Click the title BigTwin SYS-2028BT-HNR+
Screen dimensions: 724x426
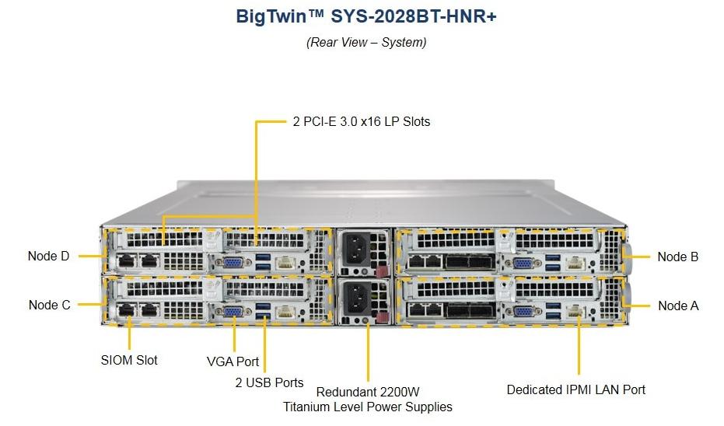click(x=366, y=16)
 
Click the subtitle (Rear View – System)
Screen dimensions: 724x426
click(x=366, y=42)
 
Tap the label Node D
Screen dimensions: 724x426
click(x=48, y=256)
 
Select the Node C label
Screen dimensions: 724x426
click(x=50, y=305)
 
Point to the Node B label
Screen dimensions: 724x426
click(x=678, y=257)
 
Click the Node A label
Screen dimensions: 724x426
click(x=678, y=306)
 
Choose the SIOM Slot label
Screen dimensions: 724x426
click(x=129, y=360)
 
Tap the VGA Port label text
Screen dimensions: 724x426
click(x=233, y=361)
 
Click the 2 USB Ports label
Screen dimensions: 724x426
click(x=269, y=382)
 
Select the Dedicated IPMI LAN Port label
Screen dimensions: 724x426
click(x=575, y=389)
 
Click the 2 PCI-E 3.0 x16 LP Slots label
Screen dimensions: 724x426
click(x=362, y=121)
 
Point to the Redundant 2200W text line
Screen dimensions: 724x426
click(x=368, y=392)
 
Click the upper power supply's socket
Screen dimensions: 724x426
click(x=356, y=249)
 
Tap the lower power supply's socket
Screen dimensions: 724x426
click(x=356, y=297)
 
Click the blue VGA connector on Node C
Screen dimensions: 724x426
click(x=233, y=312)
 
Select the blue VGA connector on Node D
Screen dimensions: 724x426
click(x=233, y=263)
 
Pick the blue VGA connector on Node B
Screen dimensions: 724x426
click(x=523, y=264)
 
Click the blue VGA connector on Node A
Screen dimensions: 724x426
click(x=523, y=312)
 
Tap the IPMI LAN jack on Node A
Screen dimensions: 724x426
click(x=575, y=312)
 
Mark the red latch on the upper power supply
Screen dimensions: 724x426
click(x=382, y=271)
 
